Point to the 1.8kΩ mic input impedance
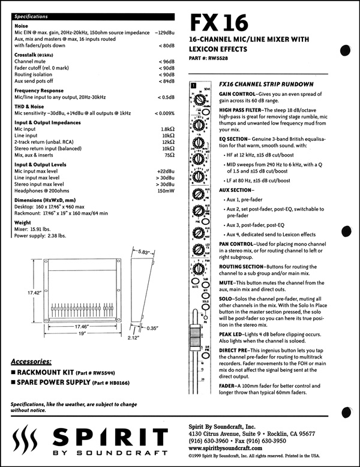pyautogui.click(x=167, y=129)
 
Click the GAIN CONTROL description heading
pyautogui.click(x=238, y=95)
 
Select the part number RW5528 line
pyautogui.click(x=212, y=58)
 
